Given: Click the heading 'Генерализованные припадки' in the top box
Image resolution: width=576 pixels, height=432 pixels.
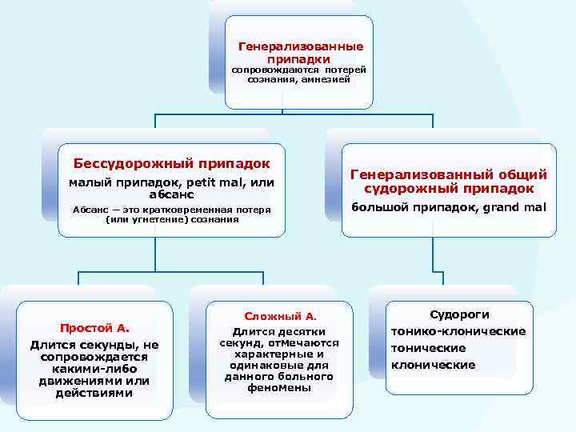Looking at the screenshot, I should pos(301,53).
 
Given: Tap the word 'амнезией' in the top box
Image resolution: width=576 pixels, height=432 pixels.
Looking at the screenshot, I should pos(326,80).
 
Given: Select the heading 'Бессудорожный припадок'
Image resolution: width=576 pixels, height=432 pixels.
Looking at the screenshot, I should pos(171,163).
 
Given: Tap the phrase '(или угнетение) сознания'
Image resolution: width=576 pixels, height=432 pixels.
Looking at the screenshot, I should pos(172,219).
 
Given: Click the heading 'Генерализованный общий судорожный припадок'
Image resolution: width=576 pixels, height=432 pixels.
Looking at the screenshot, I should pos(449,182).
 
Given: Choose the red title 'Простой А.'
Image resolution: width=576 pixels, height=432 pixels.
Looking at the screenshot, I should pos(94,327).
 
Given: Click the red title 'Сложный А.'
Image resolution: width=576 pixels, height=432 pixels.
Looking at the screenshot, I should pos(279,316).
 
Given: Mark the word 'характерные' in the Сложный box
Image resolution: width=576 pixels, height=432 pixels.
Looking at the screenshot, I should pos(279,354).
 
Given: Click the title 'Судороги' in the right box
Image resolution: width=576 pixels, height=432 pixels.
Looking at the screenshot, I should pos(459,314).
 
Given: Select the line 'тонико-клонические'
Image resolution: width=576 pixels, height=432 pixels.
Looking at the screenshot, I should pos(458,331).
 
